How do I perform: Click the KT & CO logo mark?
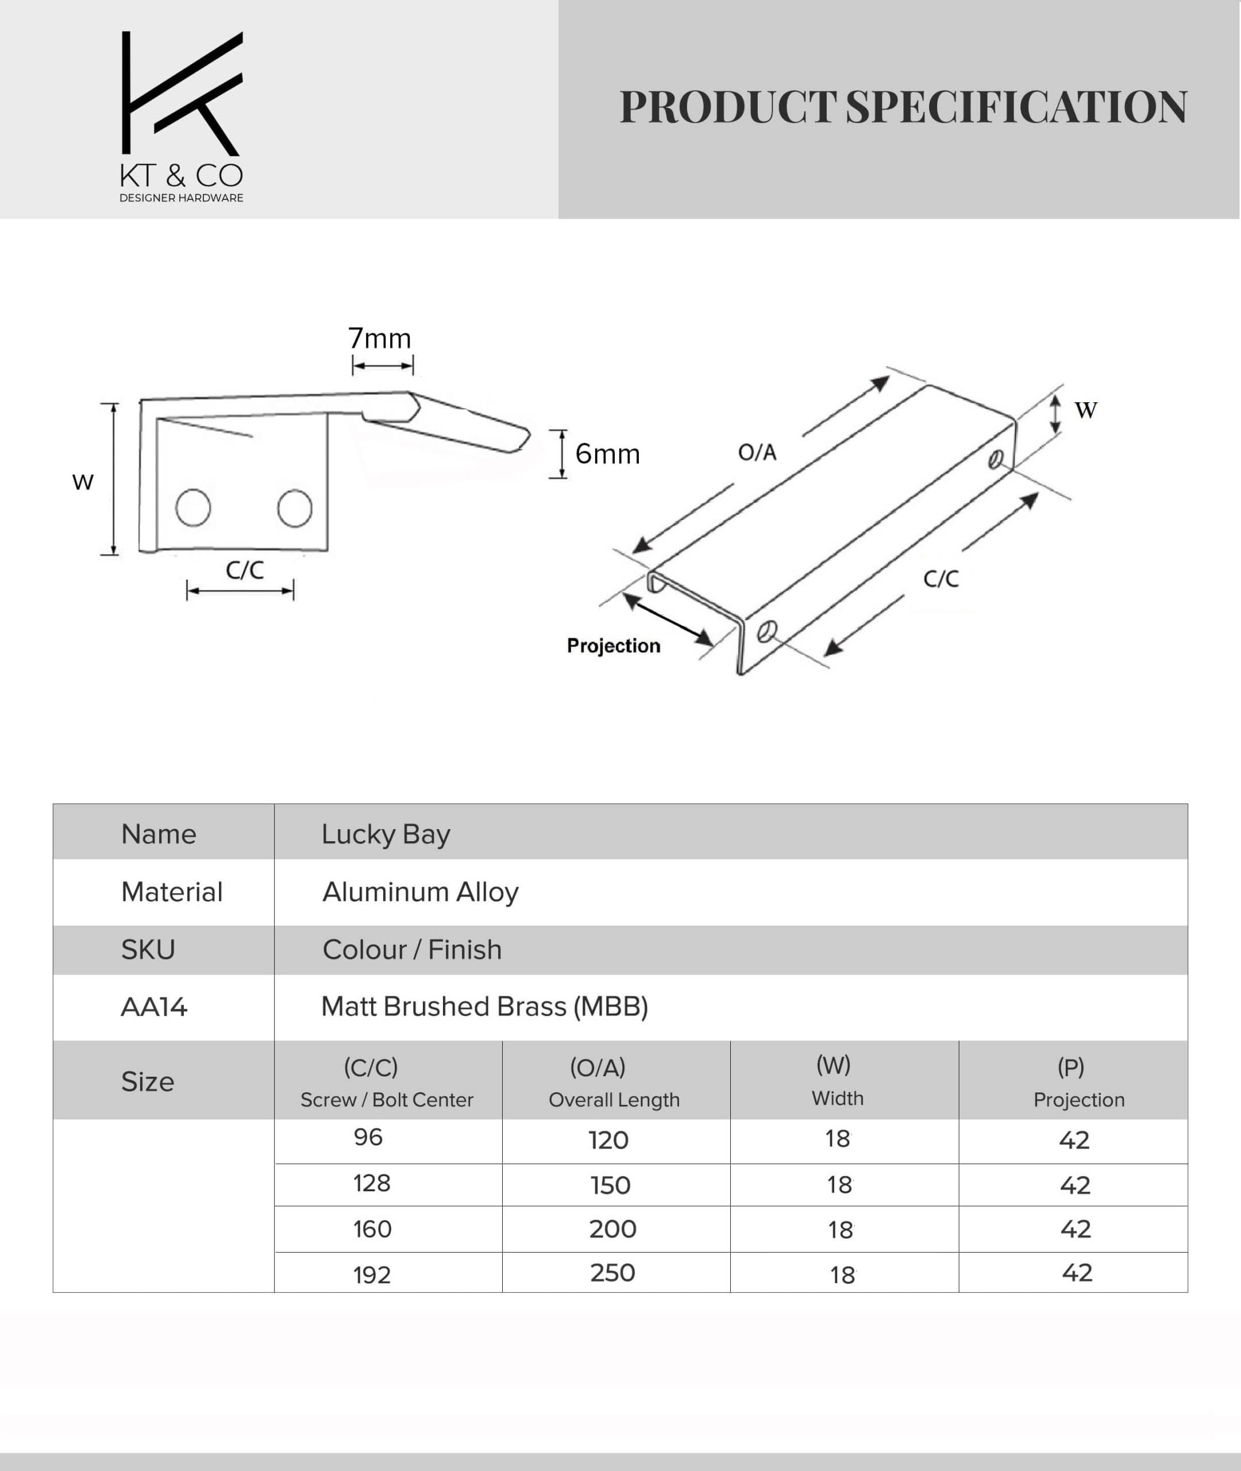(x=182, y=93)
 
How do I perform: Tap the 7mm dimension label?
(x=380, y=339)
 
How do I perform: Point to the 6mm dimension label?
(x=607, y=455)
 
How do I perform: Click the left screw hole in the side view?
(x=193, y=508)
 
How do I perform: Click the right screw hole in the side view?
(x=295, y=508)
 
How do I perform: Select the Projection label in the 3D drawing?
(x=614, y=646)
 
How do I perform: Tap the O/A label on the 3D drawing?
(x=757, y=452)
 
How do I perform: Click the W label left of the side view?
(x=83, y=483)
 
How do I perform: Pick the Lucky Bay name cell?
(x=386, y=834)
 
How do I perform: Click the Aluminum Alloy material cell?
(x=420, y=892)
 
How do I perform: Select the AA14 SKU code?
(x=154, y=1007)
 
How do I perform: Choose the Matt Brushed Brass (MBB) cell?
(x=484, y=1007)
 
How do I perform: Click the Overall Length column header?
(x=614, y=1100)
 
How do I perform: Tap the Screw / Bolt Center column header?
(x=387, y=1100)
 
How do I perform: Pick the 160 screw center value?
(x=372, y=1229)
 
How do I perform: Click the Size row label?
(x=148, y=1082)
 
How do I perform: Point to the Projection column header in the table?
(x=1078, y=1100)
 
